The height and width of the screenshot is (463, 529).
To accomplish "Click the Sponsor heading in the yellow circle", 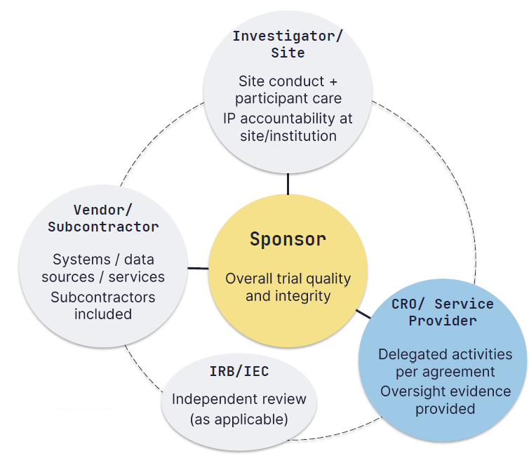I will click(288, 239).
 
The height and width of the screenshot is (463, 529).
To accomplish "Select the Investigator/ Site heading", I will click(288, 44).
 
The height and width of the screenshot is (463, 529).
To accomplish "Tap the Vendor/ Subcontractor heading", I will click(103, 218).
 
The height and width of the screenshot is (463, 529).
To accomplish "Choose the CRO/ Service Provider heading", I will click(443, 312).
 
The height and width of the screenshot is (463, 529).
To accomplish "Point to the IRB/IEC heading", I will click(239, 372).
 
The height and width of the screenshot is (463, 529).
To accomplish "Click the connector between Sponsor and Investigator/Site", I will click(288, 184).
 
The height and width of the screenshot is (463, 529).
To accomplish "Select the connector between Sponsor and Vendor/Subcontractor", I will click(197, 267).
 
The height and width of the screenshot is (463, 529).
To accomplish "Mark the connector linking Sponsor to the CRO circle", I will click(363, 314).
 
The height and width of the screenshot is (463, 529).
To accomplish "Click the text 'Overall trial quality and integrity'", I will click(288, 287).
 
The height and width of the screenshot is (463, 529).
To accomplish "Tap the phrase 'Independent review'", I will click(239, 399).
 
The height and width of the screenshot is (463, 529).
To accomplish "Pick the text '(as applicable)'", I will click(239, 420).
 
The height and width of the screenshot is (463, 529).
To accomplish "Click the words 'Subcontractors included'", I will click(103, 305).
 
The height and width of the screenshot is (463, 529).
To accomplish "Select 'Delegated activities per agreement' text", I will click(446, 363).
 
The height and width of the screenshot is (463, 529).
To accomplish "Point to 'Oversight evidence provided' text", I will click(446, 399).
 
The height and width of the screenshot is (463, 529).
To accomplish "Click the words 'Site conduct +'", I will click(288, 81).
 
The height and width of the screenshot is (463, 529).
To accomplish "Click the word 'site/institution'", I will click(288, 135).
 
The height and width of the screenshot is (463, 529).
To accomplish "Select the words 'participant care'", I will click(288, 98).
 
